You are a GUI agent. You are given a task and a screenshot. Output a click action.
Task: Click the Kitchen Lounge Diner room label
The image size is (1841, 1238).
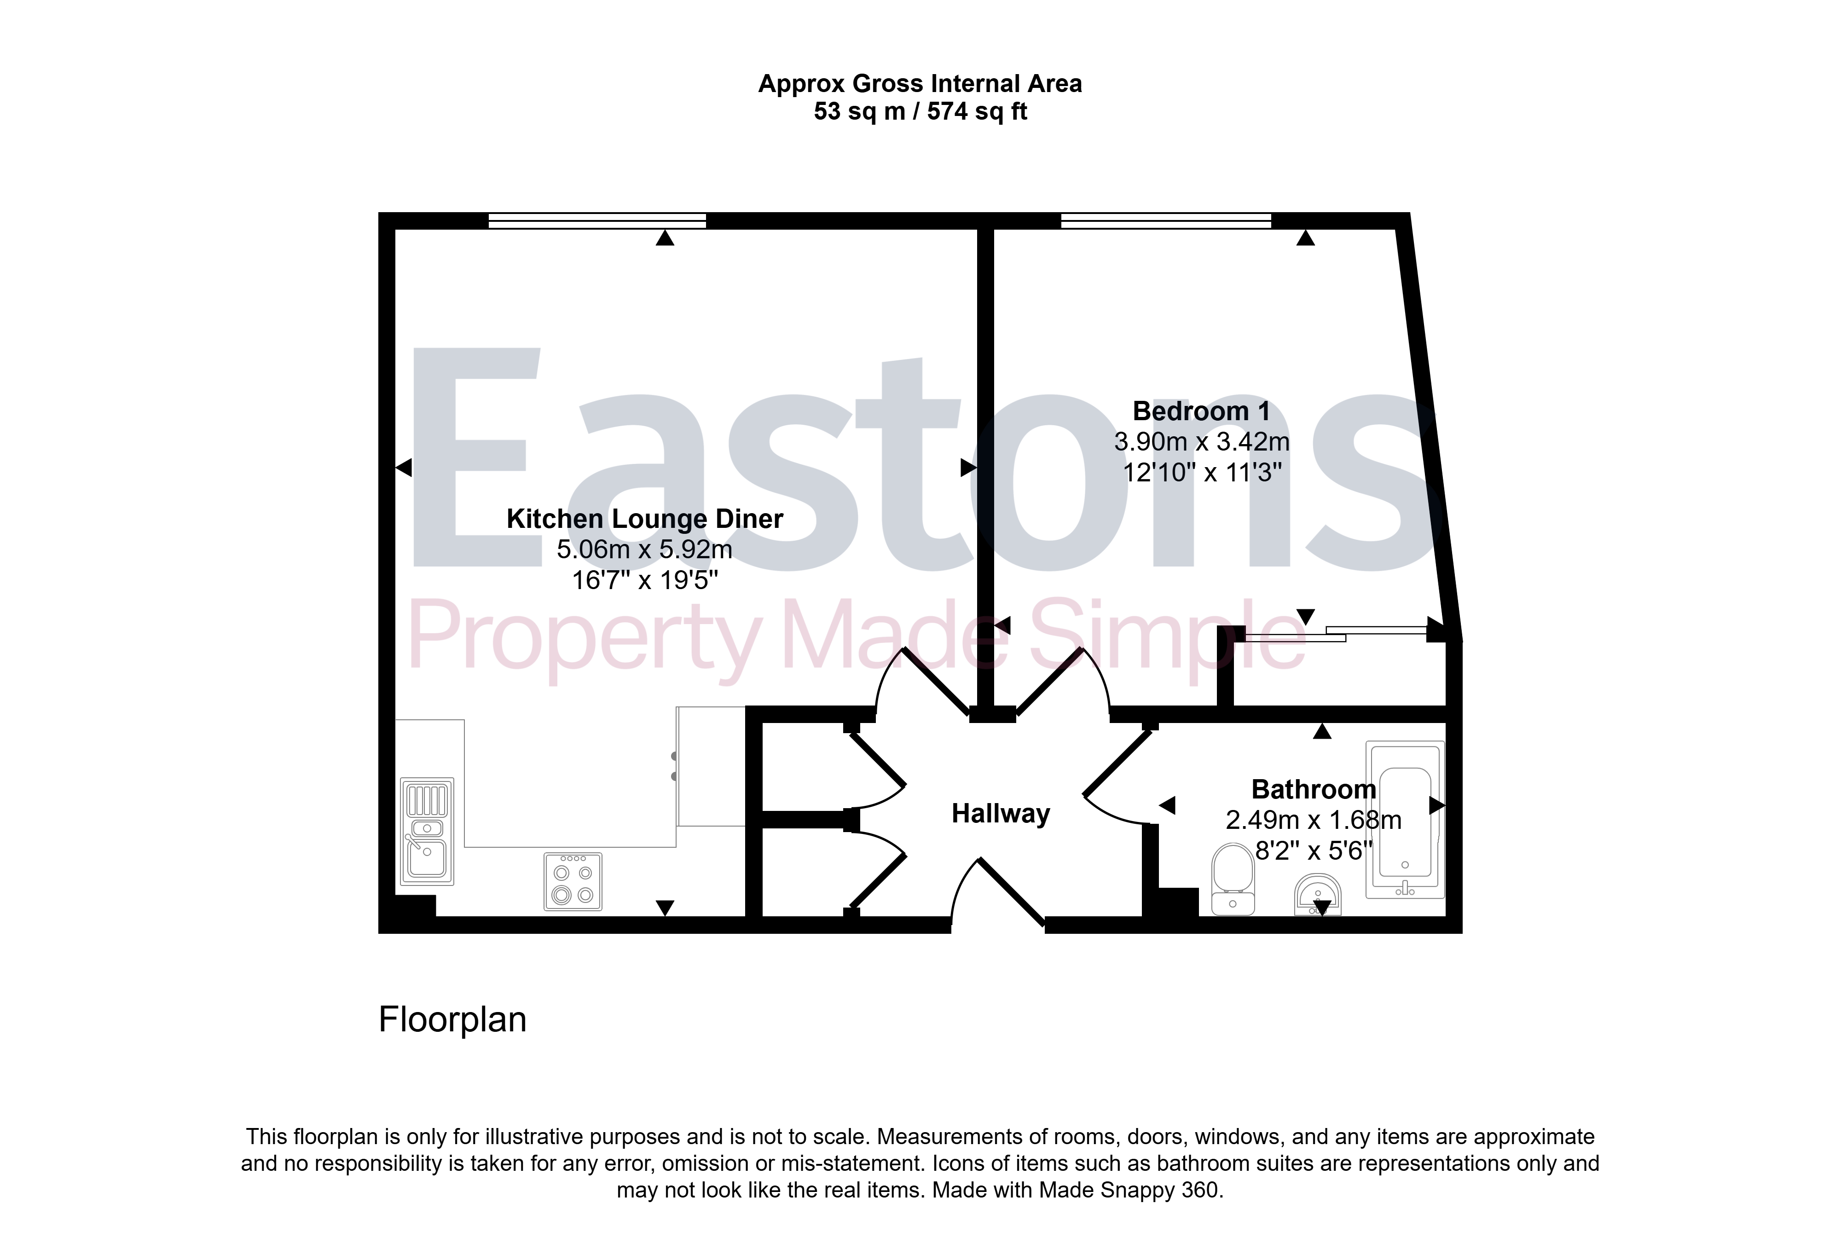click(644, 519)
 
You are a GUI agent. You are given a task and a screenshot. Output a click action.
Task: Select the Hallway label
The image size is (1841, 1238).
click(1000, 813)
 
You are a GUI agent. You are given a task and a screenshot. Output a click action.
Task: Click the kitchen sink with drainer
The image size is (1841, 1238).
click(427, 831)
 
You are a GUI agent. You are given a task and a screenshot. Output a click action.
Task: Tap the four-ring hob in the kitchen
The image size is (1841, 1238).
click(573, 881)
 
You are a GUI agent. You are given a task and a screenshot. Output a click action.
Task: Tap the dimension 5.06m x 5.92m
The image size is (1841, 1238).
click(644, 549)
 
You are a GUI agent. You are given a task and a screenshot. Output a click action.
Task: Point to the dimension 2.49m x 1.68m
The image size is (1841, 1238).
click(1314, 820)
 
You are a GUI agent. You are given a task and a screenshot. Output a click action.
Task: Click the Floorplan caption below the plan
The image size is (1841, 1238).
click(452, 1019)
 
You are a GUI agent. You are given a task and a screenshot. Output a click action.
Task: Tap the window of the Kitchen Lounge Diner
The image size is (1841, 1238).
click(597, 220)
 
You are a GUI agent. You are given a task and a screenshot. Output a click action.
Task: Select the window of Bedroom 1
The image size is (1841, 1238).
click(1166, 220)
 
